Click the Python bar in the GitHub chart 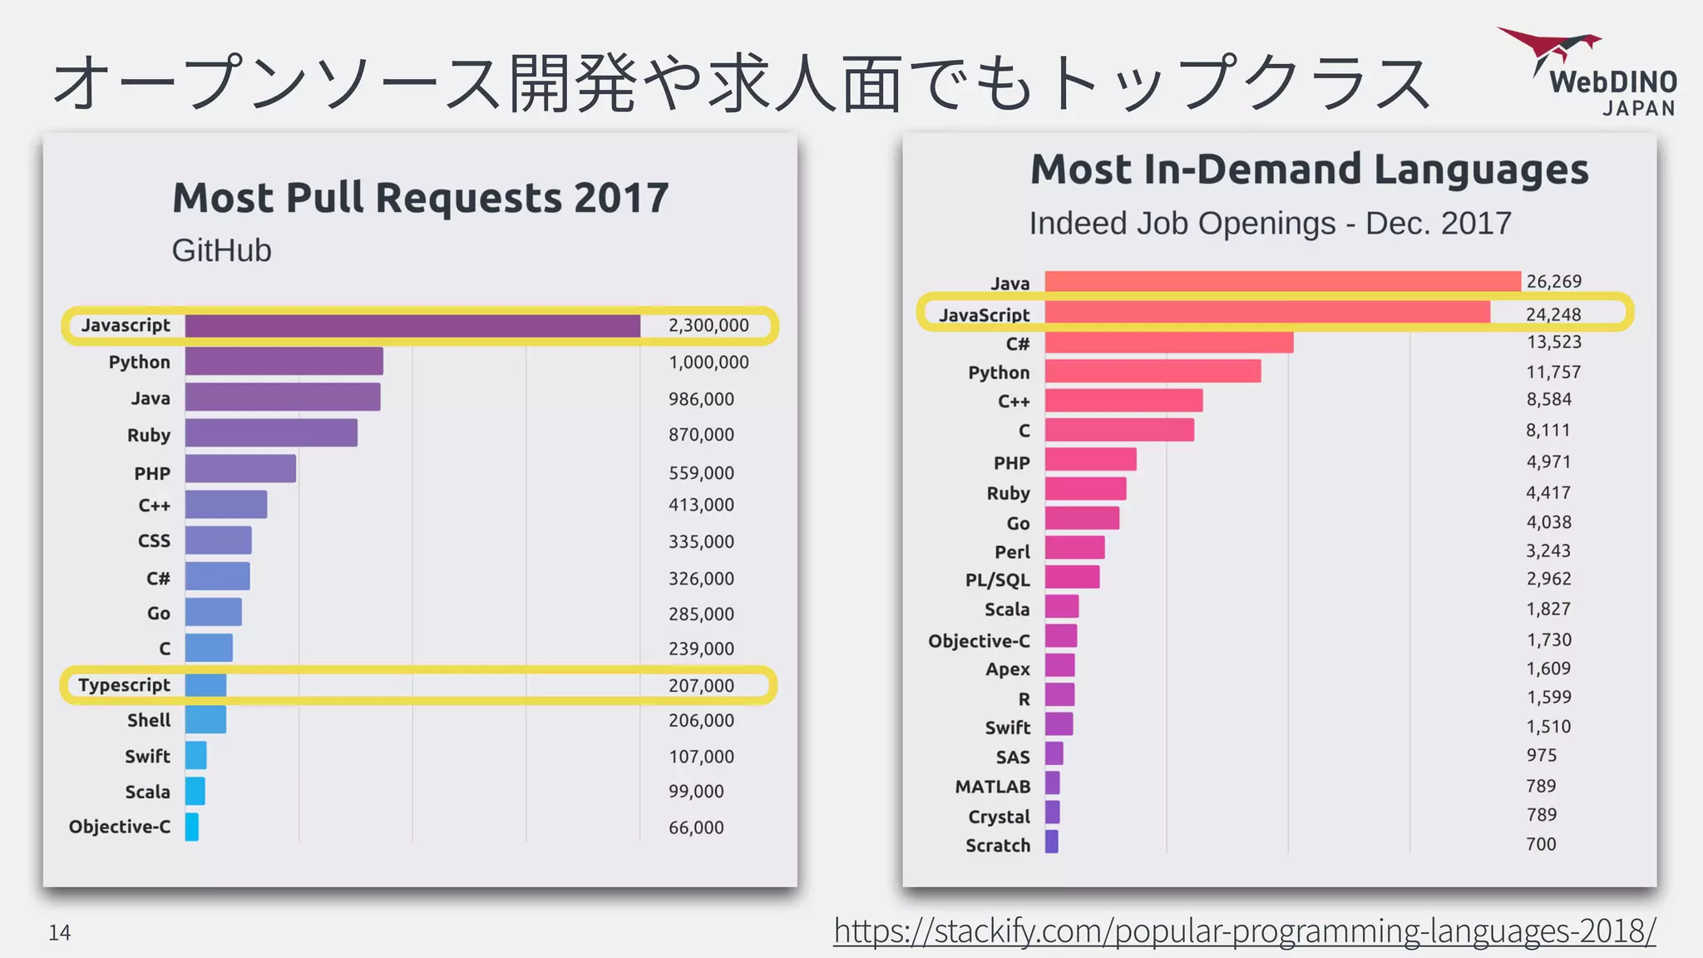[x=284, y=362]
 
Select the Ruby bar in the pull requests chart [x=271, y=433]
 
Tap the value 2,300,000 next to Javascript [x=708, y=325]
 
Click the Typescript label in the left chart [x=124, y=685]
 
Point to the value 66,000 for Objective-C [x=696, y=827]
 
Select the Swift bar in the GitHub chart [x=196, y=756]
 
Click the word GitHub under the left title [x=221, y=250]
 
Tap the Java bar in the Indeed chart [x=1282, y=282]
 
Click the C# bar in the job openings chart [x=1168, y=343]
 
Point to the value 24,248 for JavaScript [x=1552, y=314]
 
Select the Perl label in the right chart [x=1012, y=552]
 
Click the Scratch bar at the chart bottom [x=1052, y=842]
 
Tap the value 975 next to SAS [x=1541, y=755]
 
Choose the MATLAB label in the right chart [x=992, y=787]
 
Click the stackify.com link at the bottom [x=1244, y=931]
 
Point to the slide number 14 [x=59, y=933]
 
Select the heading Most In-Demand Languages [x=1309, y=170]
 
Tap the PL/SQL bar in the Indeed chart [x=1072, y=577]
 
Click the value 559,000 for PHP [x=701, y=473]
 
